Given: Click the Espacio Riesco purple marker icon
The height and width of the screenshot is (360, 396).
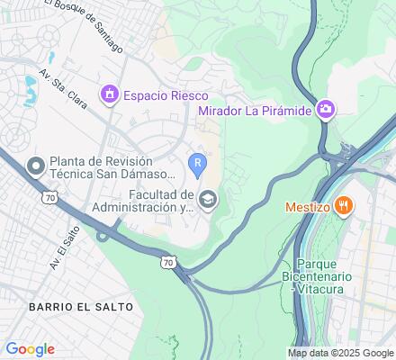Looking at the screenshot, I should point(110,94).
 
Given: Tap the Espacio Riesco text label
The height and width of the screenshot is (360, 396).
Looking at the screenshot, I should point(166,94).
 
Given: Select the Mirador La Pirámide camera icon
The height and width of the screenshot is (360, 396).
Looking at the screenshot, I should point(325,110).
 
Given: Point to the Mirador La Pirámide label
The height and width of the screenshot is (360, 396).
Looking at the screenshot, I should point(255,111).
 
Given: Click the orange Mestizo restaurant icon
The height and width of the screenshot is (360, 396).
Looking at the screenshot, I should point(342,206).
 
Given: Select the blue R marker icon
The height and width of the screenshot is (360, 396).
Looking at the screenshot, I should point(197,162).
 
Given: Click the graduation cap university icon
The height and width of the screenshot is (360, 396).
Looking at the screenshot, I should point(208,199).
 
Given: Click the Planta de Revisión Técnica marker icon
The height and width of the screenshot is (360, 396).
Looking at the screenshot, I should point(35,165).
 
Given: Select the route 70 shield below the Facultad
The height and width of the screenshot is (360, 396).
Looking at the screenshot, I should point(167,262).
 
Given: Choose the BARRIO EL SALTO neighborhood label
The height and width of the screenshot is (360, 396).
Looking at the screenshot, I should point(80,307).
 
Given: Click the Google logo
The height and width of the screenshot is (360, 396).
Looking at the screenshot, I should point(30,349).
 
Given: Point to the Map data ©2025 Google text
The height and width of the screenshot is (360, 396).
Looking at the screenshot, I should point(340,354).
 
